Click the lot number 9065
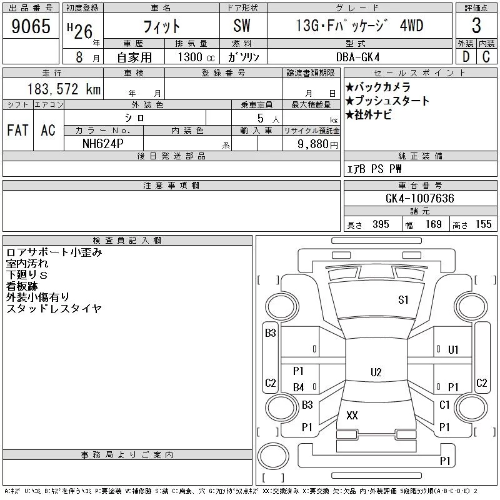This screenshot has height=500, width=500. pos(31,26)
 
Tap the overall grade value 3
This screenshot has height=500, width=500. pos(476,26)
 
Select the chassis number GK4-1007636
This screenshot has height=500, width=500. pos(419,198)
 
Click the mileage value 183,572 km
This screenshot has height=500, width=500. pos(64,89)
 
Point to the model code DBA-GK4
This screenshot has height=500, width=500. pos(357,57)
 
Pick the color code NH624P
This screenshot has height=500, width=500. pos(102,144)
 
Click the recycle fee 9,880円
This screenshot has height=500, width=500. pos(317,144)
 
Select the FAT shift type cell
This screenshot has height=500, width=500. pos(18,130)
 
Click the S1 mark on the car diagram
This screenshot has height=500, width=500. pos(403,300)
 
